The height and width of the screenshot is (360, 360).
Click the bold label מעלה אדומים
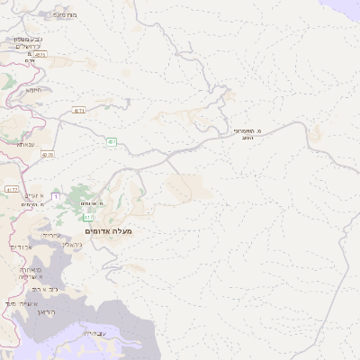[x=109, y=231]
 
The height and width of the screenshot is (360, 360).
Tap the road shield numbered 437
[x=111, y=141]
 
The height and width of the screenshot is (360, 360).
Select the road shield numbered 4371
[x=78, y=111]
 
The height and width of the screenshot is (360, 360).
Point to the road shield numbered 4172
[x=11, y=190]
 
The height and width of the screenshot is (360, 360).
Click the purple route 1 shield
[x=56, y=196]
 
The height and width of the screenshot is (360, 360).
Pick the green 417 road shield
[x=87, y=218]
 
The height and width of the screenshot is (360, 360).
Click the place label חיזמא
[x=35, y=89]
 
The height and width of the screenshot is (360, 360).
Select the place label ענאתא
[x=24, y=143]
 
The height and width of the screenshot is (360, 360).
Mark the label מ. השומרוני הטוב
[x=245, y=133]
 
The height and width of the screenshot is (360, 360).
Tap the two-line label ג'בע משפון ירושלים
[x=24, y=42]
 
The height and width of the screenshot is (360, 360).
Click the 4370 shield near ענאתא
[x=47, y=155]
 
